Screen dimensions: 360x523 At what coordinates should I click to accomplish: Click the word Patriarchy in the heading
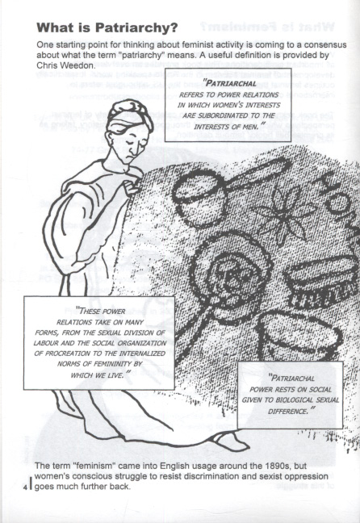click(136, 27)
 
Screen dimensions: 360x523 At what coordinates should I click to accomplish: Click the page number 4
click(25, 487)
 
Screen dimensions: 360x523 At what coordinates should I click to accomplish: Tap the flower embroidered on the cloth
click(283, 213)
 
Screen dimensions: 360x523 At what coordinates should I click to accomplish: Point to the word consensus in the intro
click(329, 44)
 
